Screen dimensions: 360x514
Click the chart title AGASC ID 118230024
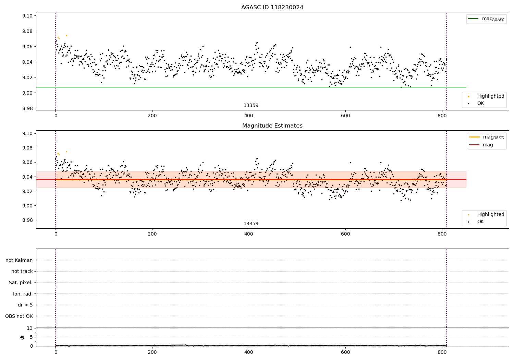click(272, 8)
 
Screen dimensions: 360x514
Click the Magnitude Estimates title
click(272, 126)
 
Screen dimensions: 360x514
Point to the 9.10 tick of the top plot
click(28, 16)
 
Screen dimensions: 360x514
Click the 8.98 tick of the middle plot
click(28, 220)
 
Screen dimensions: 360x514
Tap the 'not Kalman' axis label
click(19, 260)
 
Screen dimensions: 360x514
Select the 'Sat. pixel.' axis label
click(21, 283)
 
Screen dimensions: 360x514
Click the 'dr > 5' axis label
click(25, 305)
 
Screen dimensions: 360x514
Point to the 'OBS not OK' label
click(19, 316)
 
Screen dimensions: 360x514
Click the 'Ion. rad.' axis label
click(23, 294)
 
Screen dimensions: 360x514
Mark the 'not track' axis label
click(22, 271)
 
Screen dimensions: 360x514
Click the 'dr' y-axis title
click(22, 337)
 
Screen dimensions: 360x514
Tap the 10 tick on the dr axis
click(29, 328)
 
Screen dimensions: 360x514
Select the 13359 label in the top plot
click(251, 105)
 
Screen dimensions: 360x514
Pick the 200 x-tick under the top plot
click(152, 116)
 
